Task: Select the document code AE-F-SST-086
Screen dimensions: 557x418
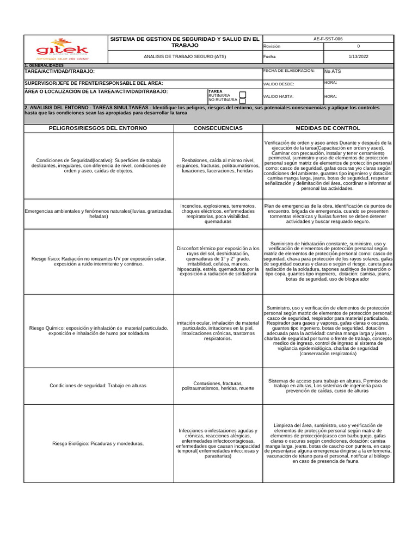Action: point(358,39)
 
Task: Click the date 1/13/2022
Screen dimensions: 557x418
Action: point(358,57)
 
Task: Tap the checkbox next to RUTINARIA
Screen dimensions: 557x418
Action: point(243,95)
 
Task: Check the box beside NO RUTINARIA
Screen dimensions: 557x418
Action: point(243,101)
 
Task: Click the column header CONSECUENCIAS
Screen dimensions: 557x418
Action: point(218,128)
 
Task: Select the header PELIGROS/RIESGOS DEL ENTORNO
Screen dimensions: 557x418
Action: point(98,128)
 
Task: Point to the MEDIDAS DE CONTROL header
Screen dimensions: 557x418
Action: point(327,128)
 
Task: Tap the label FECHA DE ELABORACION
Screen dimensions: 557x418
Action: point(288,71)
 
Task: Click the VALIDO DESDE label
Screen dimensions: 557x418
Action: point(279,84)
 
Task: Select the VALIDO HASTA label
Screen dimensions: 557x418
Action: point(279,96)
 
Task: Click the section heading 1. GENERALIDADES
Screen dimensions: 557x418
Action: point(44,65)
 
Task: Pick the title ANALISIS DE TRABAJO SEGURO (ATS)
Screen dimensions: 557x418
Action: point(185,57)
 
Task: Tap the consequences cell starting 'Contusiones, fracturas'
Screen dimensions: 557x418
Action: point(218,386)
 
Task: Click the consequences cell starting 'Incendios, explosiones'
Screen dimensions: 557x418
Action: point(218,214)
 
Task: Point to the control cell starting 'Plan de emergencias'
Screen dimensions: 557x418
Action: point(327,214)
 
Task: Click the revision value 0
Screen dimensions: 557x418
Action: point(358,46)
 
